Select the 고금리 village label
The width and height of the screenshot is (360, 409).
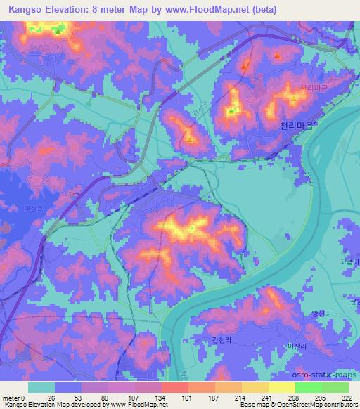click(x=351, y=261)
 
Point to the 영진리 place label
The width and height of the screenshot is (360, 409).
click(x=319, y=313)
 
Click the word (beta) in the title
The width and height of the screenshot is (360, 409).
click(x=263, y=10)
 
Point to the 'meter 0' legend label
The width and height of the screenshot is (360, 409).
click(x=15, y=398)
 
